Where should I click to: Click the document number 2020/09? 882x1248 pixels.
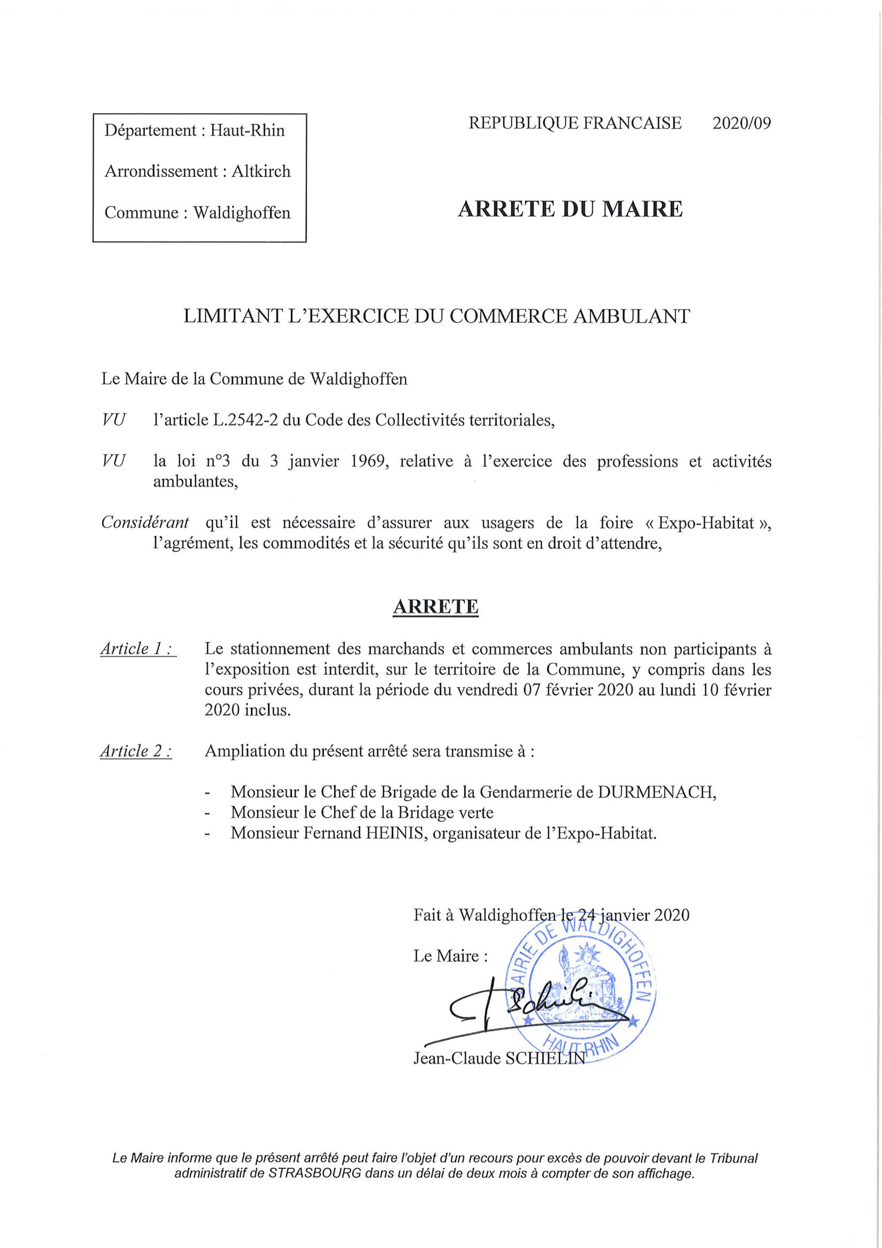click(741, 123)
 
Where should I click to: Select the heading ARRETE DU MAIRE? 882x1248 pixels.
click(570, 209)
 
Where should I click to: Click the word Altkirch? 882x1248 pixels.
click(261, 171)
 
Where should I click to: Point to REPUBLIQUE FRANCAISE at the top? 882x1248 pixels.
click(574, 123)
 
